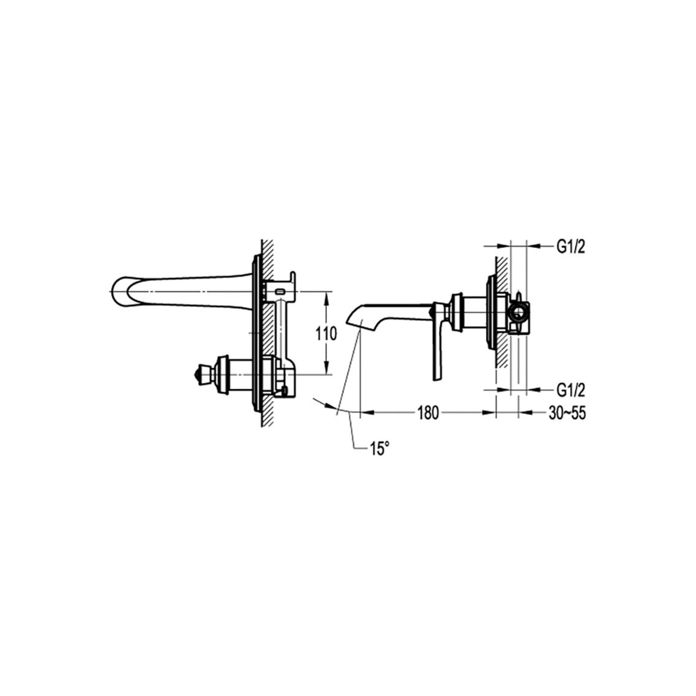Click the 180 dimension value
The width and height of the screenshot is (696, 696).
pyautogui.click(x=428, y=413)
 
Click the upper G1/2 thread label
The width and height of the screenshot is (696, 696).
pyautogui.click(x=571, y=248)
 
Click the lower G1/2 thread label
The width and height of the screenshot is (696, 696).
pyautogui.click(x=571, y=390)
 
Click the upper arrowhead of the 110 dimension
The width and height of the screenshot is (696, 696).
pyautogui.click(x=328, y=296)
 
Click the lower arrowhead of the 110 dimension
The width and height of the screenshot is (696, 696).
pyautogui.click(x=328, y=371)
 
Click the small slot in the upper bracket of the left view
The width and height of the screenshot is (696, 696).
pyautogui.click(x=281, y=292)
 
